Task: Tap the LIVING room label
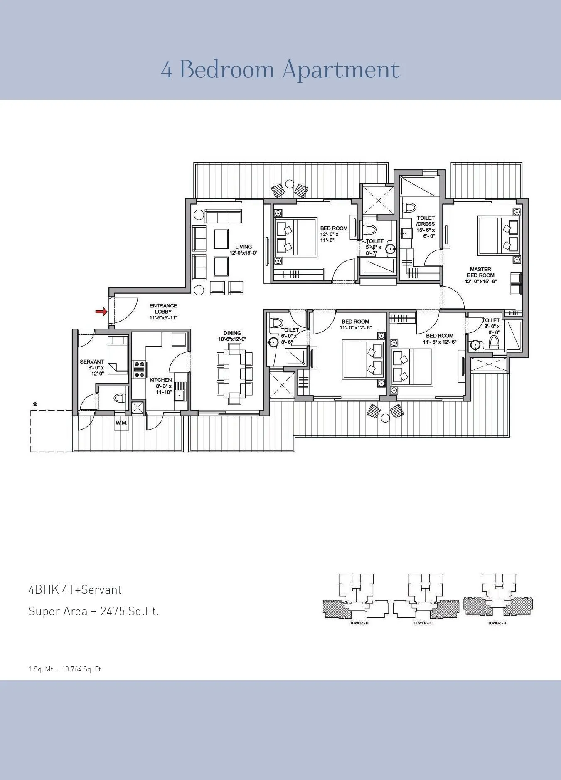(x=244, y=247)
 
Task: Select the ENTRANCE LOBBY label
(x=163, y=309)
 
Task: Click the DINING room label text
(x=232, y=333)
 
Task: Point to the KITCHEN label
(x=160, y=380)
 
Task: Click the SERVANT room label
(x=92, y=362)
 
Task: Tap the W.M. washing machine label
(x=121, y=423)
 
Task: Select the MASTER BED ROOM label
(x=480, y=272)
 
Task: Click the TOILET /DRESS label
(x=426, y=220)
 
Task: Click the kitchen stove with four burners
(x=139, y=369)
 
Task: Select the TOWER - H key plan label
(x=497, y=623)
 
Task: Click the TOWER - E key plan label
(x=423, y=623)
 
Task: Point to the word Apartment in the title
(x=341, y=69)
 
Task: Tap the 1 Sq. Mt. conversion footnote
(x=65, y=669)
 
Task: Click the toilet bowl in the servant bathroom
(x=119, y=398)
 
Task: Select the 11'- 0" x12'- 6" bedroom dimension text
(x=355, y=327)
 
